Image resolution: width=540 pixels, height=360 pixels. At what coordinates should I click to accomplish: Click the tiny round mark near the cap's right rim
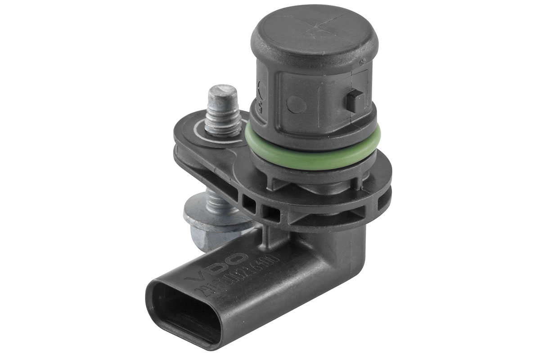(363, 61)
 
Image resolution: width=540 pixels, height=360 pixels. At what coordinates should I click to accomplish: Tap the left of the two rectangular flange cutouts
(248, 204)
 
